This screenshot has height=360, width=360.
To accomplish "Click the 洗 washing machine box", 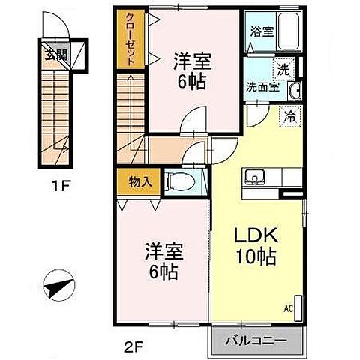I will pyautogui.click(x=283, y=68).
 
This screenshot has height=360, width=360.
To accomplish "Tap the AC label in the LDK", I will pyautogui.click(x=287, y=307).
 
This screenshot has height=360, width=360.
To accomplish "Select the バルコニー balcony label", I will pyautogui.click(x=257, y=340).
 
